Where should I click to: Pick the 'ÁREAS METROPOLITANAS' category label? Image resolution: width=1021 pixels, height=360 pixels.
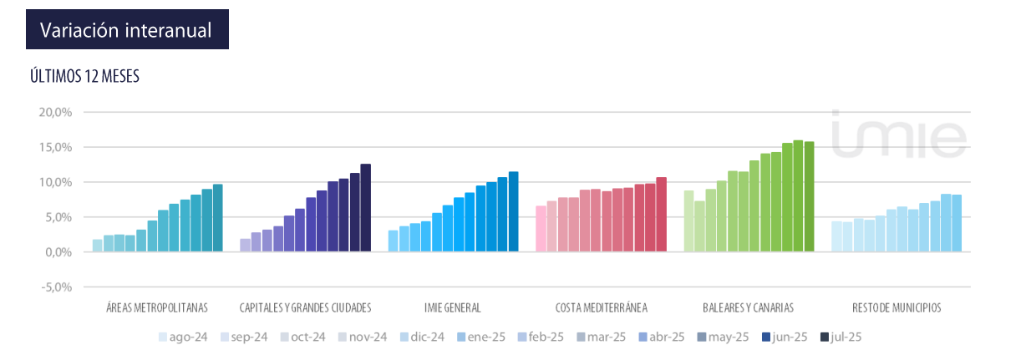(157, 307)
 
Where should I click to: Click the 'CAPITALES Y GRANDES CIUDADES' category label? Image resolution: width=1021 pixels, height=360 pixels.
(305, 307)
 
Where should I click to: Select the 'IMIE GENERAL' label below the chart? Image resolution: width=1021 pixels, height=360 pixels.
(454, 307)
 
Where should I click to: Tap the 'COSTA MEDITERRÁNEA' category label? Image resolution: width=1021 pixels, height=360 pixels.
(601, 307)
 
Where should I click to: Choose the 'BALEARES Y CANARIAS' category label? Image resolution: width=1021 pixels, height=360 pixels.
(749, 307)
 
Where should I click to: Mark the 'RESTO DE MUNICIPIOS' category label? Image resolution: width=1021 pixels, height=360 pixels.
(897, 307)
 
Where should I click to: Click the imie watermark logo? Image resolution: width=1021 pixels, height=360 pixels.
(898, 133)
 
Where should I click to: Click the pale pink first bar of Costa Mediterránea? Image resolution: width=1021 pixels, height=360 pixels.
(541, 228)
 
